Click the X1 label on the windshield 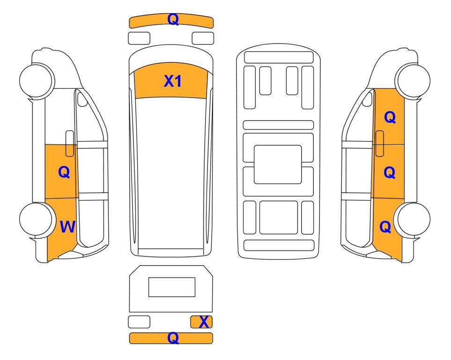(172, 81)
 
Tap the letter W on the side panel (67, 227)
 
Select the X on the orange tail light (204, 322)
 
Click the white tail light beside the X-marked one (139, 322)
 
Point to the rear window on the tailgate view (172, 287)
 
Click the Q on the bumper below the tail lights (173, 338)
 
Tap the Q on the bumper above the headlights (173, 20)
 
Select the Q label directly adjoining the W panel (64, 172)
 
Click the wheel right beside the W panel (36, 219)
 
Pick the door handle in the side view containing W (70, 143)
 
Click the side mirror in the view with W (82, 99)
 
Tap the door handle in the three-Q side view (380, 143)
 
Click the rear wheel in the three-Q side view (414, 219)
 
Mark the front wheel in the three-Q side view (413, 80)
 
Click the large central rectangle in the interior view (278, 165)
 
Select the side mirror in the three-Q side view (367, 99)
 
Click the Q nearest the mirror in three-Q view (390, 117)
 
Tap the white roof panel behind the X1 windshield (171, 173)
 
